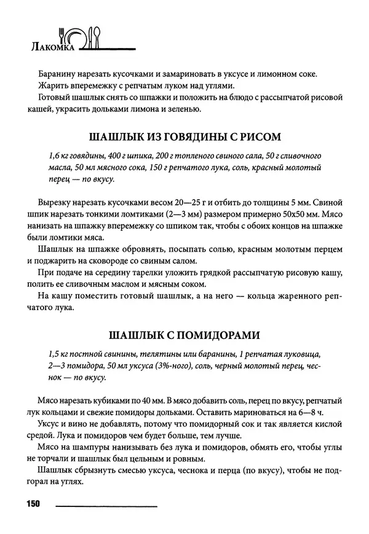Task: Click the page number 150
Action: tap(33, 504)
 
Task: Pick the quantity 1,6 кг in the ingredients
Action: tap(58, 155)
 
